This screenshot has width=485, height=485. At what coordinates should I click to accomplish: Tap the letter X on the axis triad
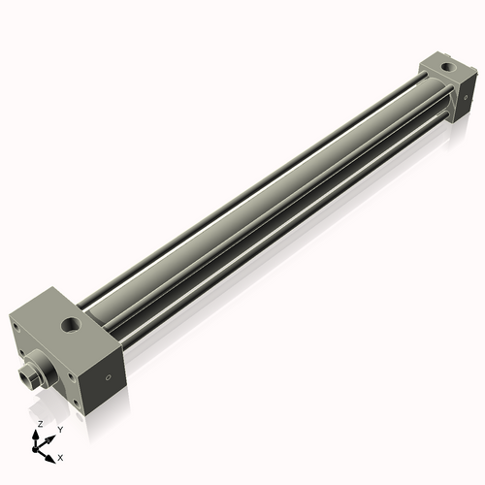[x=60, y=456]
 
